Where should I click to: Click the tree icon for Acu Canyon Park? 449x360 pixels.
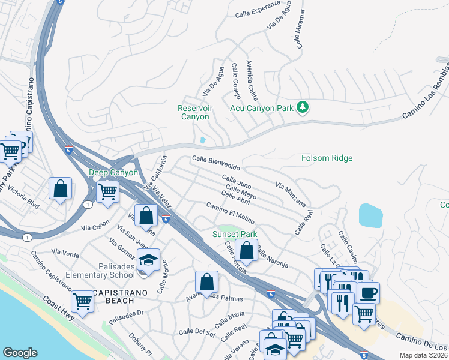[x=303, y=107]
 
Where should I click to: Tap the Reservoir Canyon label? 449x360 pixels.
[x=195, y=112]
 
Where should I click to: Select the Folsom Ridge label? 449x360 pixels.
[x=327, y=158]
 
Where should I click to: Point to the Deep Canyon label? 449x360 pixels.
[x=113, y=172]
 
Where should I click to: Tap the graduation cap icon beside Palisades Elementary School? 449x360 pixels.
[x=148, y=259]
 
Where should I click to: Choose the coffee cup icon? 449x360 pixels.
[x=367, y=293]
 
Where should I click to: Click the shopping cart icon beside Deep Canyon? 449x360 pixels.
[x=107, y=192]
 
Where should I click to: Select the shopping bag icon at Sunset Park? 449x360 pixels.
[x=246, y=250]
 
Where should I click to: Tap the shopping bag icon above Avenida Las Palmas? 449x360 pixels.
[x=206, y=281]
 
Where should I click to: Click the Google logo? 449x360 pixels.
[x=20, y=353]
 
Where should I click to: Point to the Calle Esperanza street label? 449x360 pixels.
[x=258, y=10]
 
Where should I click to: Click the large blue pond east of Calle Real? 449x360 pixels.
[x=371, y=215]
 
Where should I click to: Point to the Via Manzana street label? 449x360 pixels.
[x=291, y=195]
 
